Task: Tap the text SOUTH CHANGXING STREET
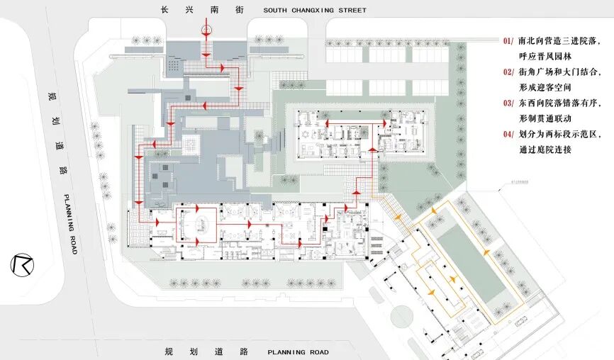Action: [315, 11]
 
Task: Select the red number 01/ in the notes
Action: [508, 41]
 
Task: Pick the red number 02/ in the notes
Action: [508, 72]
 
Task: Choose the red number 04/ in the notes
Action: [508, 134]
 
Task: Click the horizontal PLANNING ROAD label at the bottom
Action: [298, 352]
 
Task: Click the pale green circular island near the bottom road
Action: [401, 315]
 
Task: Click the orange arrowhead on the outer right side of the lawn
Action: [486, 252]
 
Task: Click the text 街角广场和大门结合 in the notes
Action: [557, 72]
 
